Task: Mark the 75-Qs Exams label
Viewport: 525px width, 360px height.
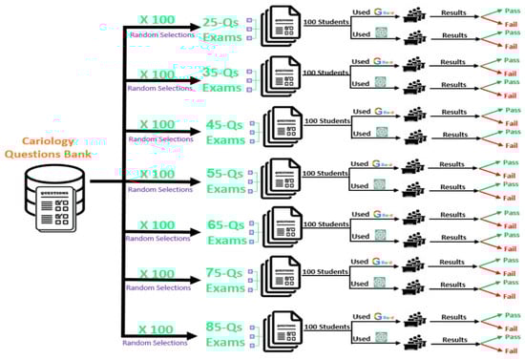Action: tap(225, 279)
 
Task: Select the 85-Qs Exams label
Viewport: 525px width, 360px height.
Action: tap(225, 332)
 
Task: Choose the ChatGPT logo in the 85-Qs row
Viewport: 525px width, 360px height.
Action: tap(382, 341)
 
